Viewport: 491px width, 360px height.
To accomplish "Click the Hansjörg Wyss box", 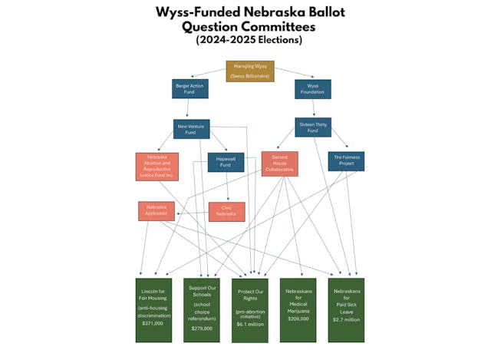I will coord(249,70).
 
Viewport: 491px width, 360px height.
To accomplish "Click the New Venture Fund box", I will coord(192,128).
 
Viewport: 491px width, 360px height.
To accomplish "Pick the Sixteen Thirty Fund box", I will coord(312,125).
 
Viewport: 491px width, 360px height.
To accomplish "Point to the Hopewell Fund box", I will coord(226,162).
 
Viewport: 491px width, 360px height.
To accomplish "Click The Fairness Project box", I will coord(346,160).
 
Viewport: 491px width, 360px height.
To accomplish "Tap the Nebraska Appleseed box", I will coord(157,210).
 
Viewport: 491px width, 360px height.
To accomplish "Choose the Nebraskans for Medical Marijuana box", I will coord(298,309).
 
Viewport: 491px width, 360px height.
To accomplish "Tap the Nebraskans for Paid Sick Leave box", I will coord(346,309).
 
